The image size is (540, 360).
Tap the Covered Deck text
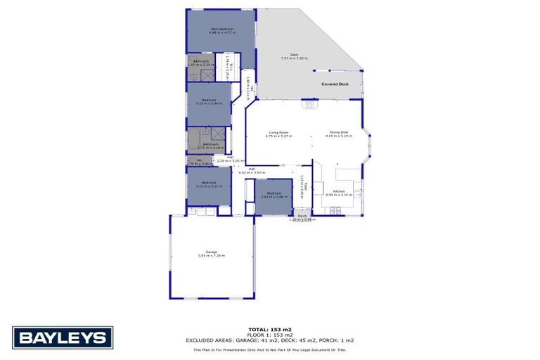point(335,84)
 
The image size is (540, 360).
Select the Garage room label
point(211,251)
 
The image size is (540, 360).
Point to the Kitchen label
point(339,191)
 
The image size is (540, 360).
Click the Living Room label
point(279,133)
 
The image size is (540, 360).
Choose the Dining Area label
point(340,133)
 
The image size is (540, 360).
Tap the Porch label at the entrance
point(302,216)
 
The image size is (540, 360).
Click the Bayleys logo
point(63,337)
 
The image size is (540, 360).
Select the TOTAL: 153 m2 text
point(270,330)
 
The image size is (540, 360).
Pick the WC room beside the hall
point(199,162)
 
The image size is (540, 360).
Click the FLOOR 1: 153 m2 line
point(270,335)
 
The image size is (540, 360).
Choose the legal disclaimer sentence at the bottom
point(270,349)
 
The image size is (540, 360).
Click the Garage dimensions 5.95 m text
point(211,255)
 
